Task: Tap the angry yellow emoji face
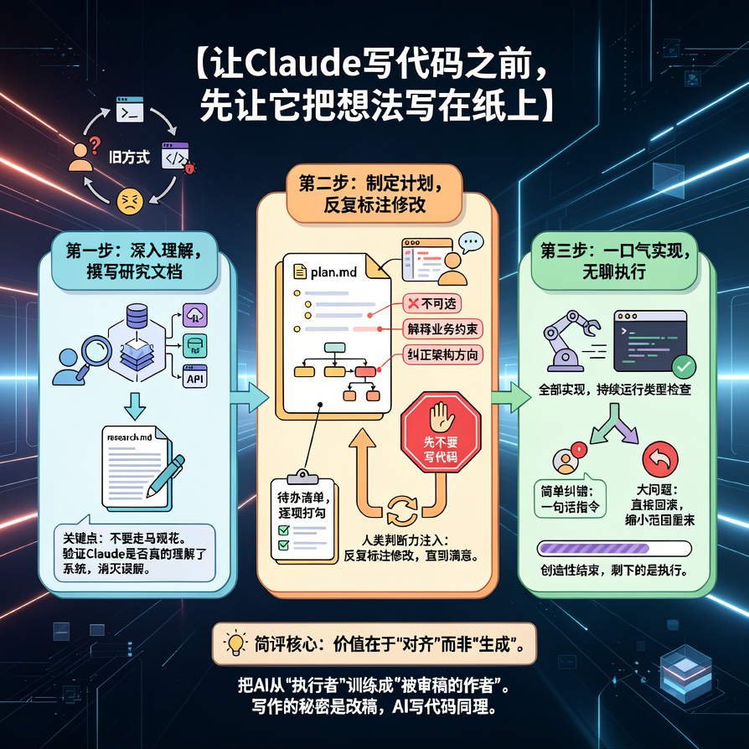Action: point(130,199)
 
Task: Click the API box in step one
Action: point(194,378)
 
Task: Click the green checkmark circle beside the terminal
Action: point(684,365)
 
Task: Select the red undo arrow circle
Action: point(658,460)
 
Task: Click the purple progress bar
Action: point(614,549)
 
